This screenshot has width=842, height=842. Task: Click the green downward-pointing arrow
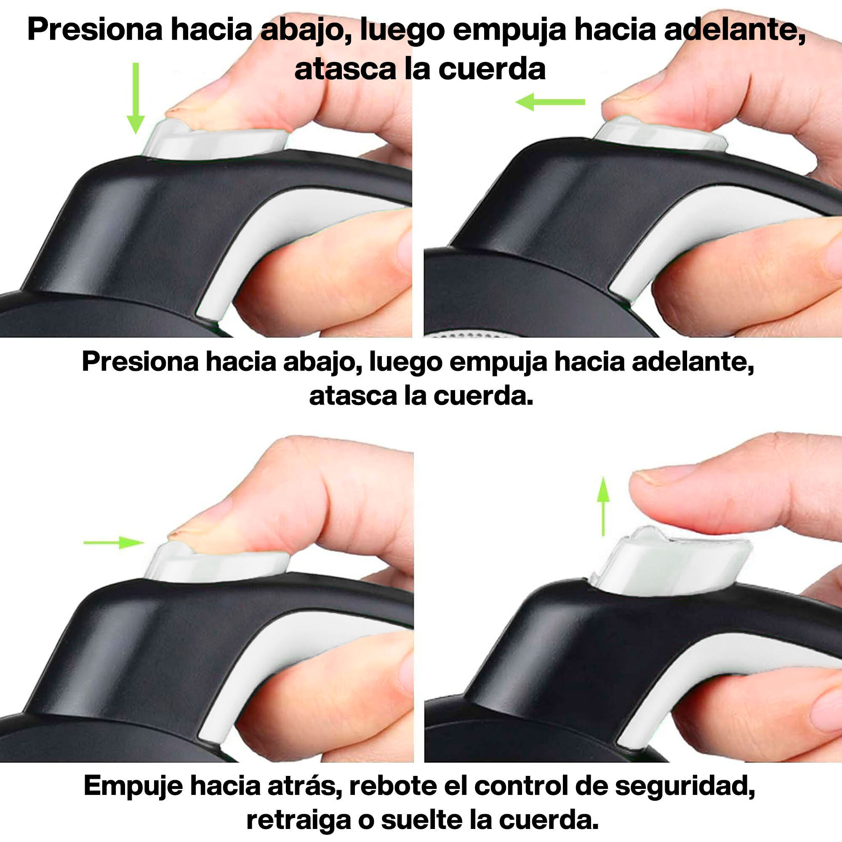coord(136,98)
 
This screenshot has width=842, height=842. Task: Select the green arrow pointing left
coord(550,102)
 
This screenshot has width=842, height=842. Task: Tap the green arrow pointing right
coord(114,543)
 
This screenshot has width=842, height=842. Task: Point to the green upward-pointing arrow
coord(603,506)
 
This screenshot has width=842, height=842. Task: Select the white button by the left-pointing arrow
coord(660,134)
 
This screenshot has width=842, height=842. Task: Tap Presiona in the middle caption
coord(140,361)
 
